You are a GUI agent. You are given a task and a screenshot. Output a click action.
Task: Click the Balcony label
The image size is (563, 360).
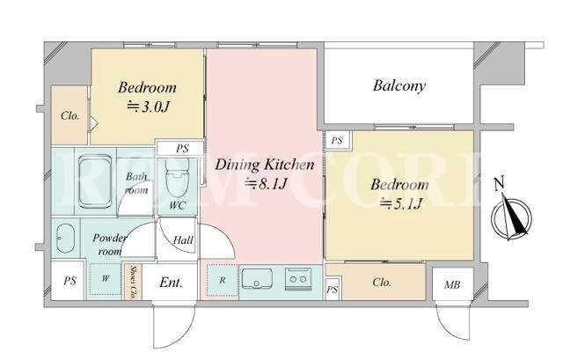point(399,86)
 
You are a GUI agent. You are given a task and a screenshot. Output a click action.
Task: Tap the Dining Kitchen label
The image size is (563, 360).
point(264,165)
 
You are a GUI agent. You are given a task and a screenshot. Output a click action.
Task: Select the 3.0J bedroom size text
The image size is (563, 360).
point(148,107)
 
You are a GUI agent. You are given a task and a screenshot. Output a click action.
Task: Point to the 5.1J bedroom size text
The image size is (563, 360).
point(401,203)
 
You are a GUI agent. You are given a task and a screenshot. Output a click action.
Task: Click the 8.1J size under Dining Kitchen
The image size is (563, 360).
point(266,184)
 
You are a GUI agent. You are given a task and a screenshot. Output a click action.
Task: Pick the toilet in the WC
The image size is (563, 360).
point(177,178)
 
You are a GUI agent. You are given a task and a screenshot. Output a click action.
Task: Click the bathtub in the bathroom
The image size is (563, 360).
point(95,181)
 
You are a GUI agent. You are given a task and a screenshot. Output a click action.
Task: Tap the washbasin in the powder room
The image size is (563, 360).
point(65,239)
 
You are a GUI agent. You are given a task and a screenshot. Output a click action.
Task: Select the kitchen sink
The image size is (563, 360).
point(257,279)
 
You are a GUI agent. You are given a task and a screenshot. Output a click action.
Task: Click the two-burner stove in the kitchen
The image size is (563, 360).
point(297,278)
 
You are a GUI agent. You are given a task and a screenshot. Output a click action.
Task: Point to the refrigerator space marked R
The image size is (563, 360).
point(223,280)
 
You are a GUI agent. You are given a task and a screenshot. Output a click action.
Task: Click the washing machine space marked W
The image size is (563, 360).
point(106,279)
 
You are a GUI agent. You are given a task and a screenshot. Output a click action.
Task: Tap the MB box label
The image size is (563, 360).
point(452,285)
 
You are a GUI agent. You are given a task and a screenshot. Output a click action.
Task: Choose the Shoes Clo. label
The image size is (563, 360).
point(133,282)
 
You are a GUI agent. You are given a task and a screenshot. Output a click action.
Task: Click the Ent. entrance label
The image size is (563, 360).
point(171,283)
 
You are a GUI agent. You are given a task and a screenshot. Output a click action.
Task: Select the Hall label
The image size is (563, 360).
point(183,239)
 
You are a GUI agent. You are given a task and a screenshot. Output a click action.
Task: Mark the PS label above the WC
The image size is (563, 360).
point(182,149)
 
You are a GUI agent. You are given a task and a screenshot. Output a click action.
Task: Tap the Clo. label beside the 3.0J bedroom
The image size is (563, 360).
point(70,115)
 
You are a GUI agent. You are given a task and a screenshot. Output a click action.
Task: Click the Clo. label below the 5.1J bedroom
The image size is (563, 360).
point(382,283)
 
